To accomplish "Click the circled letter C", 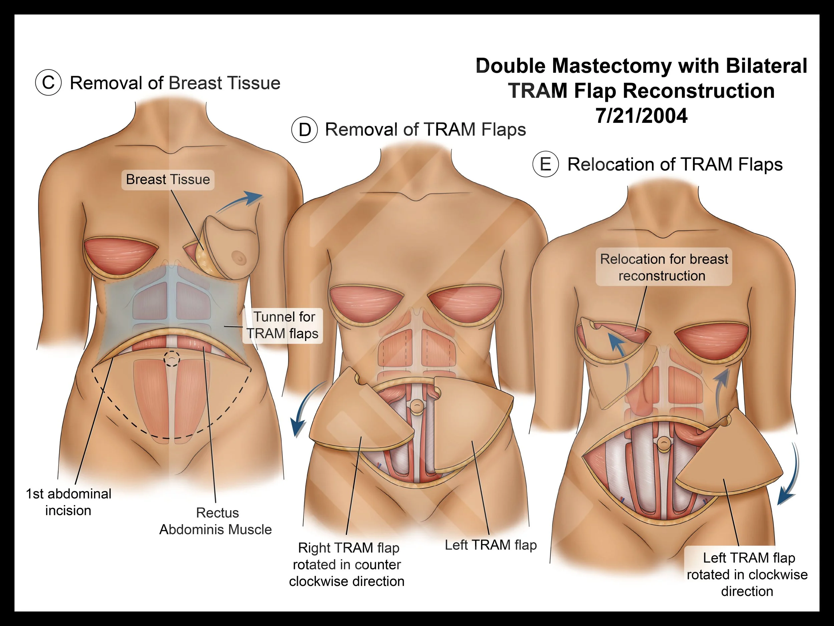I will [48, 83].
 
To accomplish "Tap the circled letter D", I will [304, 130].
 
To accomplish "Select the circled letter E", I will [545, 165].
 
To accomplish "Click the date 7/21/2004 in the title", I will [641, 116].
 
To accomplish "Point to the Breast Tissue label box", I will [168, 179].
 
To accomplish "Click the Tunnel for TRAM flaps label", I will [283, 325].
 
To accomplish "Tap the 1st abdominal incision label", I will [68, 502].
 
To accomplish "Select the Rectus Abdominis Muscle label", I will [216, 521].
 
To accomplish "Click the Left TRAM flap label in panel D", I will [490, 545].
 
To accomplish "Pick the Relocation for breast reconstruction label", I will [664, 267].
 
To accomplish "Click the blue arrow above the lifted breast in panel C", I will [241, 201].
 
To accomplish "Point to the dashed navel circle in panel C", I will [172, 359].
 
